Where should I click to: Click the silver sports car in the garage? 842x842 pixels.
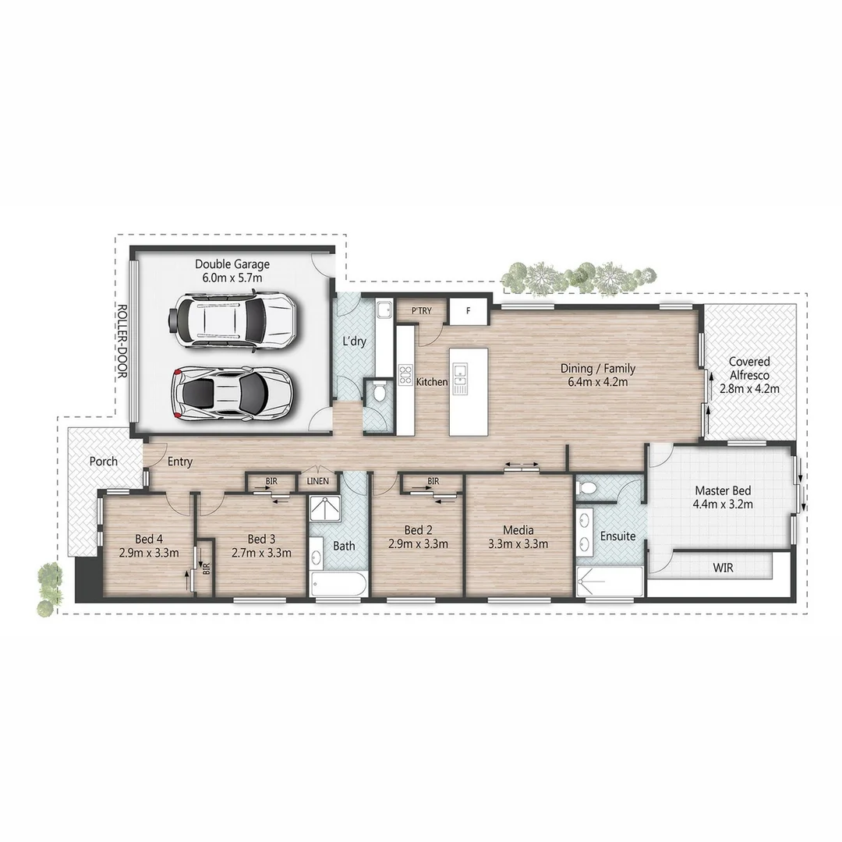tap(232, 393)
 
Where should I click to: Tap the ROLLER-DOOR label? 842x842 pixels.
tap(122, 341)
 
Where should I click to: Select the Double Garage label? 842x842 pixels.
tap(232, 264)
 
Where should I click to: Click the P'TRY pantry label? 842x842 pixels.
tap(421, 311)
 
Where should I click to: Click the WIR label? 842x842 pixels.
tap(722, 568)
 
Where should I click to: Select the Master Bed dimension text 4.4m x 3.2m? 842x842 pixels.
tap(722, 504)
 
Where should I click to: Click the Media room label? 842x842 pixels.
tap(518, 531)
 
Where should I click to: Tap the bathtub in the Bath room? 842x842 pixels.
tap(338, 585)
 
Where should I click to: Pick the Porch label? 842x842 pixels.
tap(103, 462)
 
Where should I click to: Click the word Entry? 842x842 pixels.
tap(180, 462)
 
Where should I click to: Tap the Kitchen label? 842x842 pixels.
tap(431, 382)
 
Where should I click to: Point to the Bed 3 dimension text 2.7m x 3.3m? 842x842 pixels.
tap(262, 553)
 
